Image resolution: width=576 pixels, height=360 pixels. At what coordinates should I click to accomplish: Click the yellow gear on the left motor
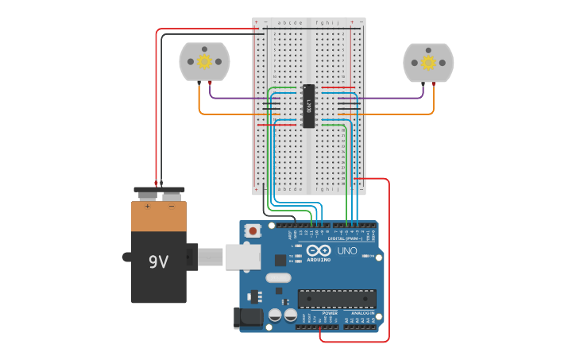click(x=204, y=61)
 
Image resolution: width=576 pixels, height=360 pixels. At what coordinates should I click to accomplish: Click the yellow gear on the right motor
click(x=428, y=62)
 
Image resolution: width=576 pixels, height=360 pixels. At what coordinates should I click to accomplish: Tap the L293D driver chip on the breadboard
click(x=308, y=105)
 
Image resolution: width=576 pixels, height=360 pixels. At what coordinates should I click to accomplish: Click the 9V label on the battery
click(x=158, y=261)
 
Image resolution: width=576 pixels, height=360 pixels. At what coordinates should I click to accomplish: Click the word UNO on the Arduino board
click(x=347, y=251)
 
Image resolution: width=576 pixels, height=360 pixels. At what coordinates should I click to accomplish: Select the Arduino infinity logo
click(x=319, y=251)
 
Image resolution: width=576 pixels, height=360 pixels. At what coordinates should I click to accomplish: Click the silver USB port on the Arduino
click(x=242, y=257)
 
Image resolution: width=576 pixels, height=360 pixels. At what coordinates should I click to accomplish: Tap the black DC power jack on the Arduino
click(x=249, y=318)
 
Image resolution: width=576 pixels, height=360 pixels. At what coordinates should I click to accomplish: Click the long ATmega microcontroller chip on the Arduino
click(x=337, y=299)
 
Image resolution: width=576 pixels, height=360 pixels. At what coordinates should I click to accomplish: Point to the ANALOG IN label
click(x=364, y=313)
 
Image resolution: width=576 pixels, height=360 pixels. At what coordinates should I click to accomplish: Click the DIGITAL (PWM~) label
click(x=345, y=238)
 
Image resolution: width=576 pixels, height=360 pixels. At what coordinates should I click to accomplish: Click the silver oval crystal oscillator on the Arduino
click(x=278, y=278)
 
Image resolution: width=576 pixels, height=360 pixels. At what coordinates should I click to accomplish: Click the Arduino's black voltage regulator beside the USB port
click(x=255, y=296)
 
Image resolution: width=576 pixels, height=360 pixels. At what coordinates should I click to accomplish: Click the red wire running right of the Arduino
click(x=389, y=262)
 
